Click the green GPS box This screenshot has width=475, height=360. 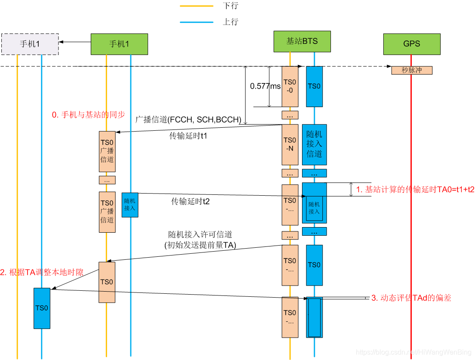pyautogui.click(x=412, y=44)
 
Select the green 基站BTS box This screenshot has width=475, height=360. pyautogui.click(x=302, y=41)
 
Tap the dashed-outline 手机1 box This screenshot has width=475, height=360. pyautogui.click(x=30, y=44)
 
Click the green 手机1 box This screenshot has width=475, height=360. pyautogui.click(x=119, y=44)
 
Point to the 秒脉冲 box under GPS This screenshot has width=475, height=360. pyautogui.click(x=412, y=70)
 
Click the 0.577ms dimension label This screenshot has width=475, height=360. pyautogui.click(x=265, y=86)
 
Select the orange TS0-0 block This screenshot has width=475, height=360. pyautogui.click(x=290, y=86)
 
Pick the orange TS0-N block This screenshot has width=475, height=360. pyautogui.click(x=290, y=145)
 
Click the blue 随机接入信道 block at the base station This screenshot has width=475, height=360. pyautogui.click(x=314, y=145)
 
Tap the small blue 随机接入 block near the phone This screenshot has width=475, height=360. pyautogui.click(x=130, y=205)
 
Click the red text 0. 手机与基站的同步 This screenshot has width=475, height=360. pyautogui.click(x=88, y=115)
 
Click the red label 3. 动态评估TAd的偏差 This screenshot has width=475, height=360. pyautogui.click(x=411, y=298)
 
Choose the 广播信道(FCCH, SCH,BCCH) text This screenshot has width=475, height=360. pyautogui.click(x=188, y=120)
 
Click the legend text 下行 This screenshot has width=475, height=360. pyautogui.click(x=231, y=6)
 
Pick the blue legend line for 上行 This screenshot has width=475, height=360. pyautogui.click(x=196, y=22)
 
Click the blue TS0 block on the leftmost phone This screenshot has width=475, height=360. pyautogui.click(x=42, y=308)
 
